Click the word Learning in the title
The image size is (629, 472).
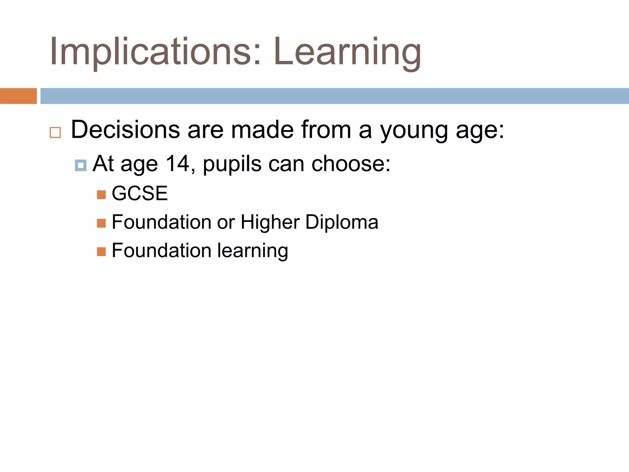347,52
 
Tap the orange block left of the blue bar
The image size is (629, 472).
18,96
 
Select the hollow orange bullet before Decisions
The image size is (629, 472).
55,132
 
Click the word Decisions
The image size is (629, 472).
125,130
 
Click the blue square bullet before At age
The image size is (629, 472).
80,165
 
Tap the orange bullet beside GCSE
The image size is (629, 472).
101,195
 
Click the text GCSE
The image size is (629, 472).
140,193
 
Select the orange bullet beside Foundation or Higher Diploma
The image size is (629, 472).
101,223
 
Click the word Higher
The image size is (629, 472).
270,222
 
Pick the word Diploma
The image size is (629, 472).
342,222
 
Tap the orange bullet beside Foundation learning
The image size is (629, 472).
101,252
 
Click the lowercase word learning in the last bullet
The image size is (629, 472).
253,251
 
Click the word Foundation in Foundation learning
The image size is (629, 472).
162,250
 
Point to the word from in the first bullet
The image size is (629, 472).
326,130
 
